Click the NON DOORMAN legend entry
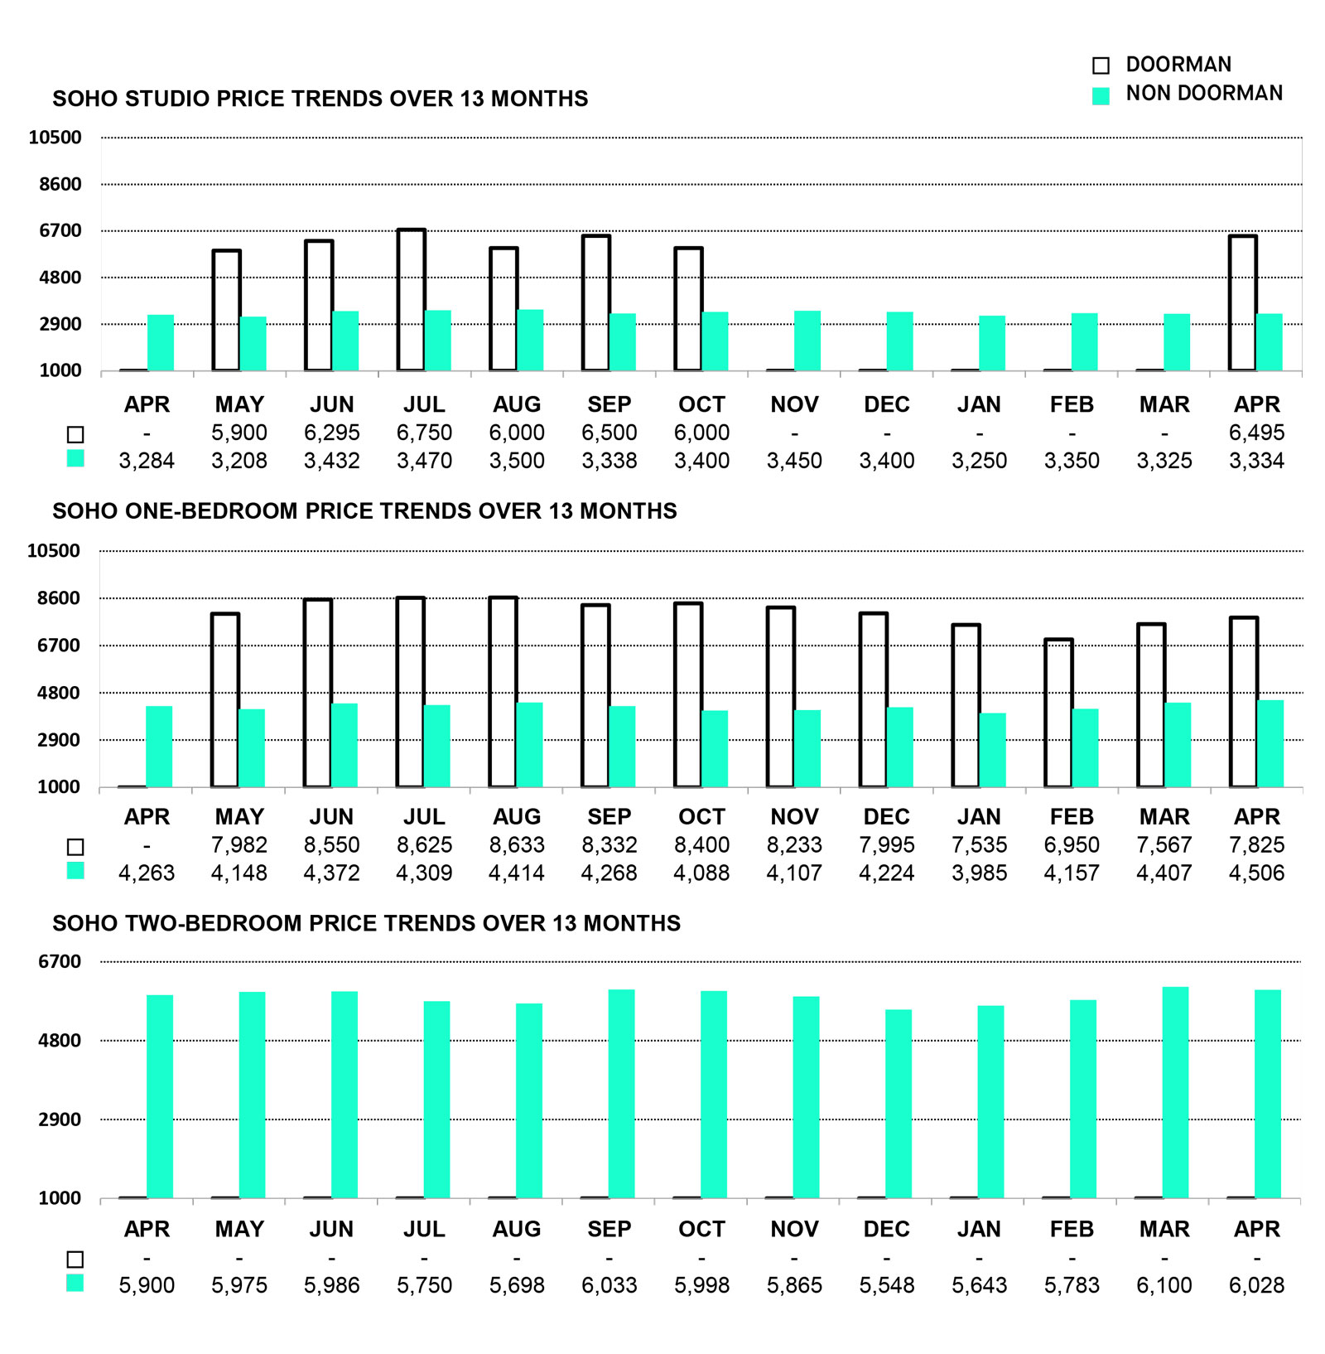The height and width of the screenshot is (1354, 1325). tap(1188, 94)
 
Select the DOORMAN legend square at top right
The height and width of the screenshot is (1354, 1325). tap(1101, 65)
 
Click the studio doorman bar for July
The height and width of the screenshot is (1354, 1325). tap(412, 300)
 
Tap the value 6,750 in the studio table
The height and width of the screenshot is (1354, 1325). tap(424, 433)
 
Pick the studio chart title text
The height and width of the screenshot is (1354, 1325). tap(320, 99)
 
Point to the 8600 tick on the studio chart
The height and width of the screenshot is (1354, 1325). tap(60, 184)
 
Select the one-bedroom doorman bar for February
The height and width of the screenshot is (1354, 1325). tap(1058, 713)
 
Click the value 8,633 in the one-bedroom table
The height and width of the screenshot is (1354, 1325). tap(517, 845)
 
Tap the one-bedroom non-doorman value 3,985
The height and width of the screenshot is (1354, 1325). tap(979, 873)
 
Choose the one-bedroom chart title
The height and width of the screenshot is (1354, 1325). tap(364, 511)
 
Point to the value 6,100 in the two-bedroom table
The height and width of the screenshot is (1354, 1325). tap(1164, 1285)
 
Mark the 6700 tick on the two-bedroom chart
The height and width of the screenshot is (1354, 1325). tap(60, 961)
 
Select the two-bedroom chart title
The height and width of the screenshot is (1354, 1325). tap(367, 923)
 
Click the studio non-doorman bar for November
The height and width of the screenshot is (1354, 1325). tap(807, 341)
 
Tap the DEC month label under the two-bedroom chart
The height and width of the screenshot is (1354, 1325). tap(886, 1229)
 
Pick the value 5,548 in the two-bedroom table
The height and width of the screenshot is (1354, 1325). tap(886, 1285)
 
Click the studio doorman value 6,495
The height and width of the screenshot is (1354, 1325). tap(1256, 433)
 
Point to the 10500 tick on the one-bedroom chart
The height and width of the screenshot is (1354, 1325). tap(55, 550)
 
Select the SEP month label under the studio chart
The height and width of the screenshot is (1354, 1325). tap(609, 404)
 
